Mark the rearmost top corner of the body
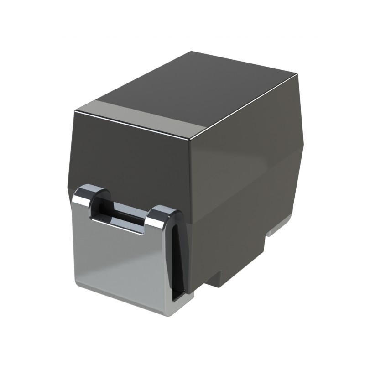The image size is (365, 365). [x=192, y=52]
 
